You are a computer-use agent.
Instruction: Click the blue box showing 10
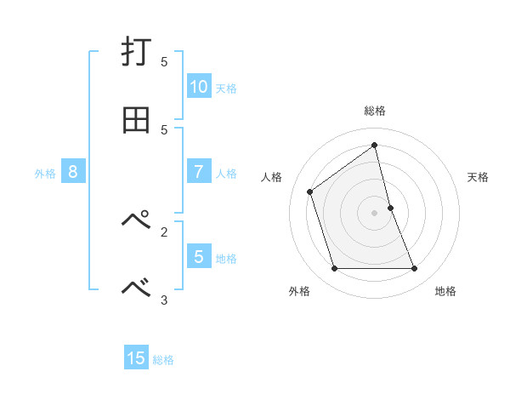pyautogui.click(x=199, y=87)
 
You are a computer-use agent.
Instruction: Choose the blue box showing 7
pyautogui.click(x=199, y=172)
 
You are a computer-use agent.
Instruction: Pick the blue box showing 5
pyautogui.click(x=199, y=256)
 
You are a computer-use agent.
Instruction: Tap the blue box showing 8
pyautogui.click(x=73, y=172)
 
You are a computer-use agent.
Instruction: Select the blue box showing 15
pyautogui.click(x=136, y=358)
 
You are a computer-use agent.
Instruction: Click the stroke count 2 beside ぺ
pyautogui.click(x=164, y=231)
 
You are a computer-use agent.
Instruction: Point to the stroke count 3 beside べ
pyautogui.click(x=164, y=299)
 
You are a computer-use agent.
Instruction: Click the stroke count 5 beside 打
pyautogui.click(x=164, y=62)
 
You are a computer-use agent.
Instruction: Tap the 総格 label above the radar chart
pyautogui.click(x=375, y=111)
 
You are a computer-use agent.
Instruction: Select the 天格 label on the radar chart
pyautogui.click(x=478, y=177)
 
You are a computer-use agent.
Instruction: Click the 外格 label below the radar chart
pyautogui.click(x=299, y=291)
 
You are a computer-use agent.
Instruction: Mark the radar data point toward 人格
pyautogui.click(x=310, y=191)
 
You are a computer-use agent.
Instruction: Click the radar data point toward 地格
pyautogui.click(x=415, y=269)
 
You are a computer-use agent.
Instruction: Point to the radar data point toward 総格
pyautogui.click(x=375, y=145)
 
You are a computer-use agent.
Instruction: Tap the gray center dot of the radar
pyautogui.click(x=375, y=213)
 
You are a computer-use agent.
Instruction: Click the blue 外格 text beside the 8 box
pyautogui.click(x=45, y=173)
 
